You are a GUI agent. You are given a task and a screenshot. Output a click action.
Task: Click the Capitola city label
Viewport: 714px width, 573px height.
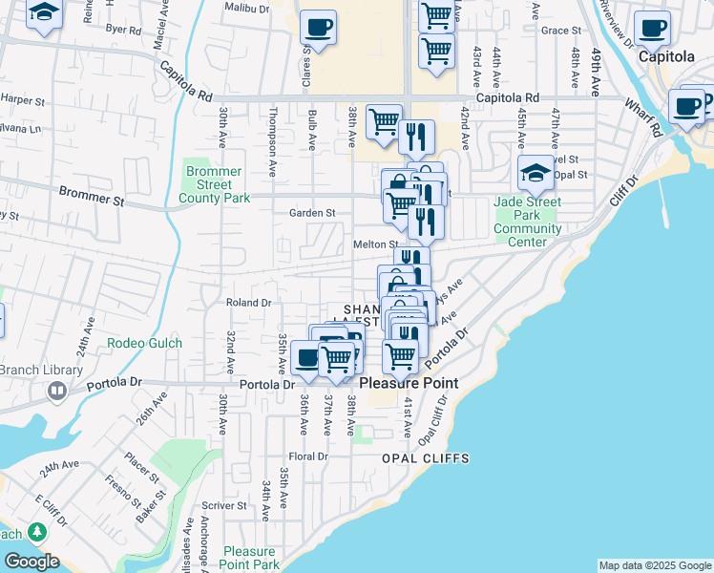click(x=664, y=56)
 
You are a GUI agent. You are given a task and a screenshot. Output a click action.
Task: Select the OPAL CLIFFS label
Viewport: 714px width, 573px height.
click(x=426, y=458)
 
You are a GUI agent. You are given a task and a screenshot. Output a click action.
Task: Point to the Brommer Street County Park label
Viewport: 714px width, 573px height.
click(x=214, y=184)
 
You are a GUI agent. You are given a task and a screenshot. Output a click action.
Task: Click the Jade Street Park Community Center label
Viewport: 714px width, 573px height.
click(x=528, y=222)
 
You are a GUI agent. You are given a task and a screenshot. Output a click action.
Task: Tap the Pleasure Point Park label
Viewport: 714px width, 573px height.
click(x=251, y=558)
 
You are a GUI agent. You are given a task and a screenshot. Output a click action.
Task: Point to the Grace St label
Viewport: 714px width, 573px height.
click(x=560, y=31)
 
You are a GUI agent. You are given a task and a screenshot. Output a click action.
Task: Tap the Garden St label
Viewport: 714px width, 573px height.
click(x=313, y=213)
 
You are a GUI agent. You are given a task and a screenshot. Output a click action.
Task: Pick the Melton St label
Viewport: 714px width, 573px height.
click(x=375, y=244)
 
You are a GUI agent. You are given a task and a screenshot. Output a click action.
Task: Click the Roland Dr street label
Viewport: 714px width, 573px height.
click(x=249, y=303)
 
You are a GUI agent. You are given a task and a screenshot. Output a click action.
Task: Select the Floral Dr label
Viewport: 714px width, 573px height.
click(x=308, y=456)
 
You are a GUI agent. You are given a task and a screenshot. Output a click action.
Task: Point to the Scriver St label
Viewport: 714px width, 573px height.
click(x=224, y=505)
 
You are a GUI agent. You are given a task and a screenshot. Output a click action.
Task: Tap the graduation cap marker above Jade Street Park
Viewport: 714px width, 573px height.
click(x=536, y=173)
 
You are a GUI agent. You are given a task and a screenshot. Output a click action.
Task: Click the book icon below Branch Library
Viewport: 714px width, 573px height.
click(x=57, y=391)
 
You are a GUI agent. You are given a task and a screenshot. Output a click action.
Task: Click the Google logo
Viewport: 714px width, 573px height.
click(x=31, y=562)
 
